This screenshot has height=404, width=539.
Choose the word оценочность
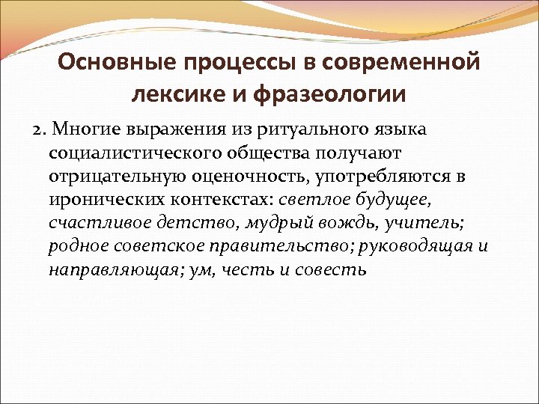[x=239, y=177]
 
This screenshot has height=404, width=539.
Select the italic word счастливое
[x=91, y=224]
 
